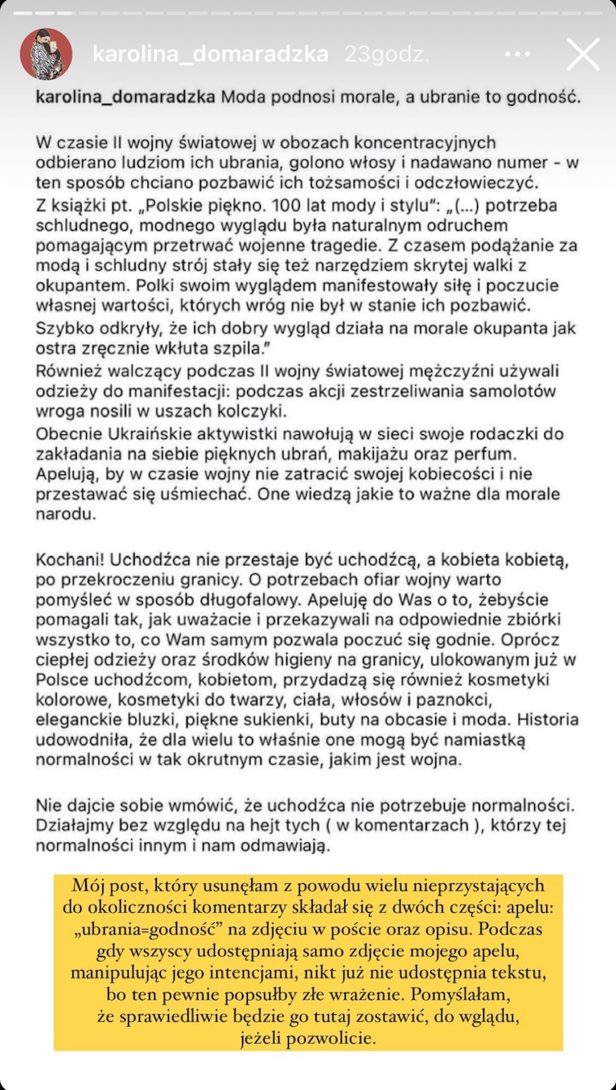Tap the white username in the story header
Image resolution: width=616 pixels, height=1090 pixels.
click(x=210, y=54)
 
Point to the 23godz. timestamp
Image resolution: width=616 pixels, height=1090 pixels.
click(x=386, y=54)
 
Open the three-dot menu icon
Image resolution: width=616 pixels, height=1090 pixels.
click(x=517, y=54)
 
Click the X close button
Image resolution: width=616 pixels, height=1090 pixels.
click(x=583, y=54)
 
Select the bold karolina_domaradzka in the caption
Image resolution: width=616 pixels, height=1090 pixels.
click(x=125, y=97)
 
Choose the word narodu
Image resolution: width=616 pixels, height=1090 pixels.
click(x=64, y=515)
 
